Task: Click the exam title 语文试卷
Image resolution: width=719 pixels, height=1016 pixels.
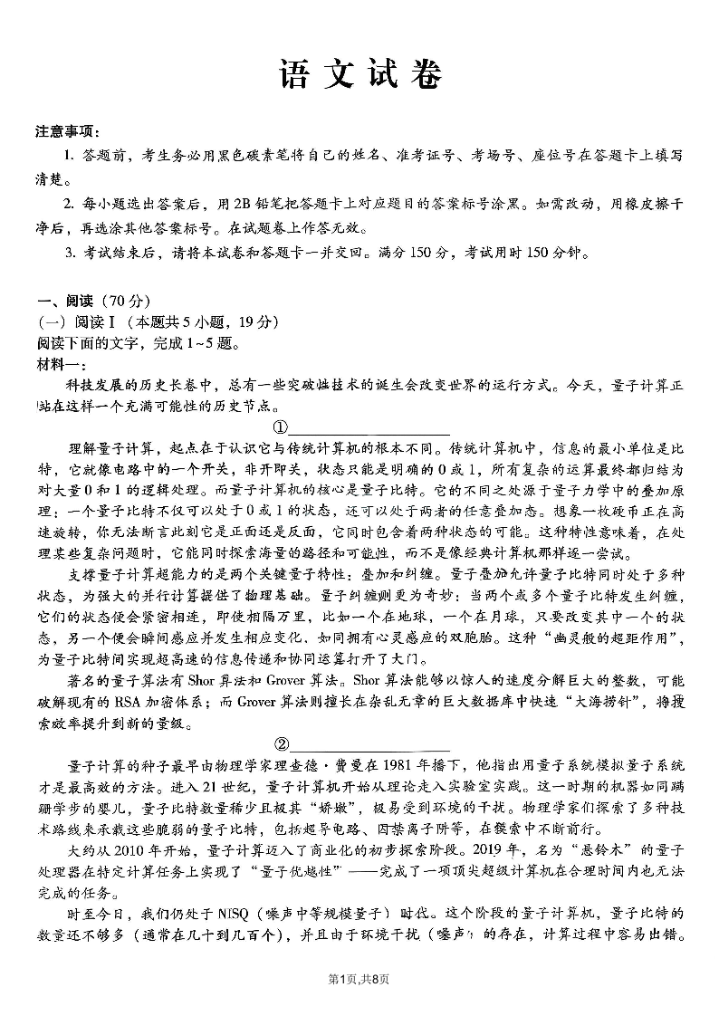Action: (x=359, y=76)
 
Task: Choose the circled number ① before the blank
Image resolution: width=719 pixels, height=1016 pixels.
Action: (x=281, y=427)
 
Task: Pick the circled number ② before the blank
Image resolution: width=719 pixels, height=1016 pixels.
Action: (x=281, y=743)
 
